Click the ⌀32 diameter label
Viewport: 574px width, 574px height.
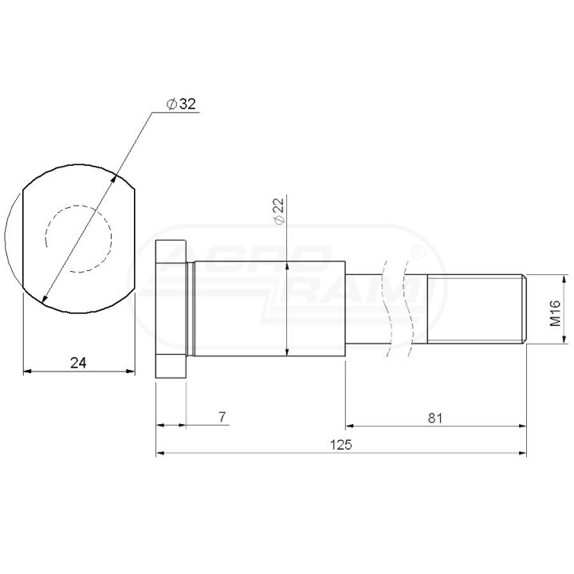pyautogui.click(x=181, y=104)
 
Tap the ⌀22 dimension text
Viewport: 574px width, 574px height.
pyautogui.click(x=279, y=211)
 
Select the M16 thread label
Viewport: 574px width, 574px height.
pyautogui.click(x=555, y=313)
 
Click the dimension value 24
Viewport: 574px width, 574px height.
pyautogui.click(x=78, y=363)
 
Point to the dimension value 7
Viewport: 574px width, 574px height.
pyautogui.click(x=222, y=417)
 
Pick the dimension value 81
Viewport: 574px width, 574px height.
pyautogui.click(x=435, y=418)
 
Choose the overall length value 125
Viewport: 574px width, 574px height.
pyautogui.click(x=341, y=445)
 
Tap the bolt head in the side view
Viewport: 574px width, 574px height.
pyautogui.click(x=171, y=309)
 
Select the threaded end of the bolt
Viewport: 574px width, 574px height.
pyautogui.click(x=477, y=309)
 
